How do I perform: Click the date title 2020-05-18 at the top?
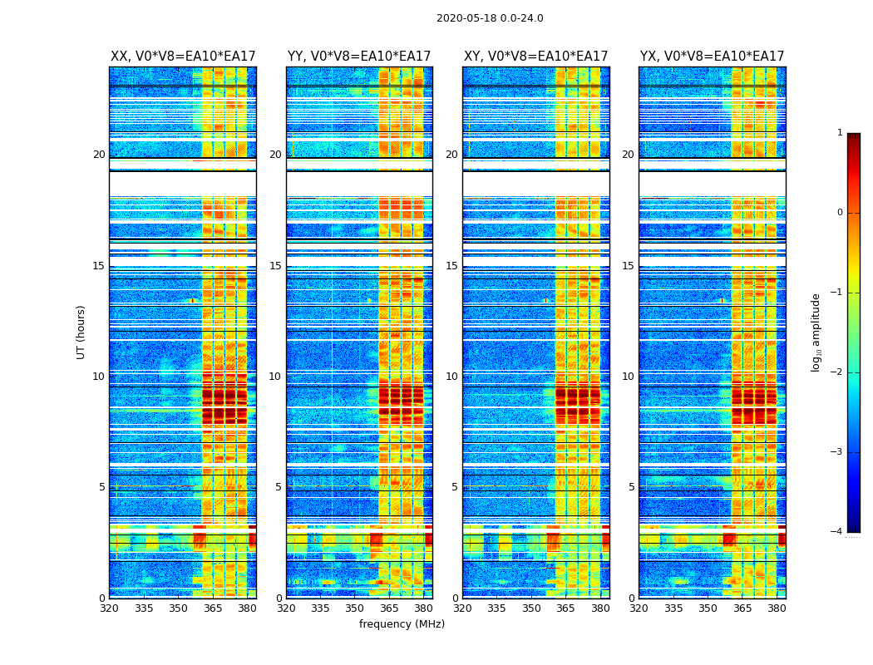tap(490, 18)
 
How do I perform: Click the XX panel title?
tap(183, 57)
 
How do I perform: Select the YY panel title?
tap(359, 57)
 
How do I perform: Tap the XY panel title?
tap(535, 57)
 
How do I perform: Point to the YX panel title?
tap(712, 57)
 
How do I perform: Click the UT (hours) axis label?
tap(81, 332)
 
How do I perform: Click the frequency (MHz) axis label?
tap(402, 624)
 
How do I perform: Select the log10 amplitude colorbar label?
tap(816, 332)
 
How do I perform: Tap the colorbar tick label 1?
tap(839, 133)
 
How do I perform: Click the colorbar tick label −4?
tap(837, 532)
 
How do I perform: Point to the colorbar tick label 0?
tap(839, 213)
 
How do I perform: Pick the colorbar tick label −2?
tap(837, 372)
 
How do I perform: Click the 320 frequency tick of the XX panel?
tap(110, 608)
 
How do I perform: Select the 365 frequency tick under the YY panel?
tap(389, 608)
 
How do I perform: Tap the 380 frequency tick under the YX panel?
tap(777, 608)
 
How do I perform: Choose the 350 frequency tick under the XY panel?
tap(531, 608)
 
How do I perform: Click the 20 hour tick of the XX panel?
tap(99, 155)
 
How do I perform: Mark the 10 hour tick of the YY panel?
tap(275, 377)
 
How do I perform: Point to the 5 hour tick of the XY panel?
tap(455, 487)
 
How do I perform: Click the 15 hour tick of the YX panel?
tap(628, 266)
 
